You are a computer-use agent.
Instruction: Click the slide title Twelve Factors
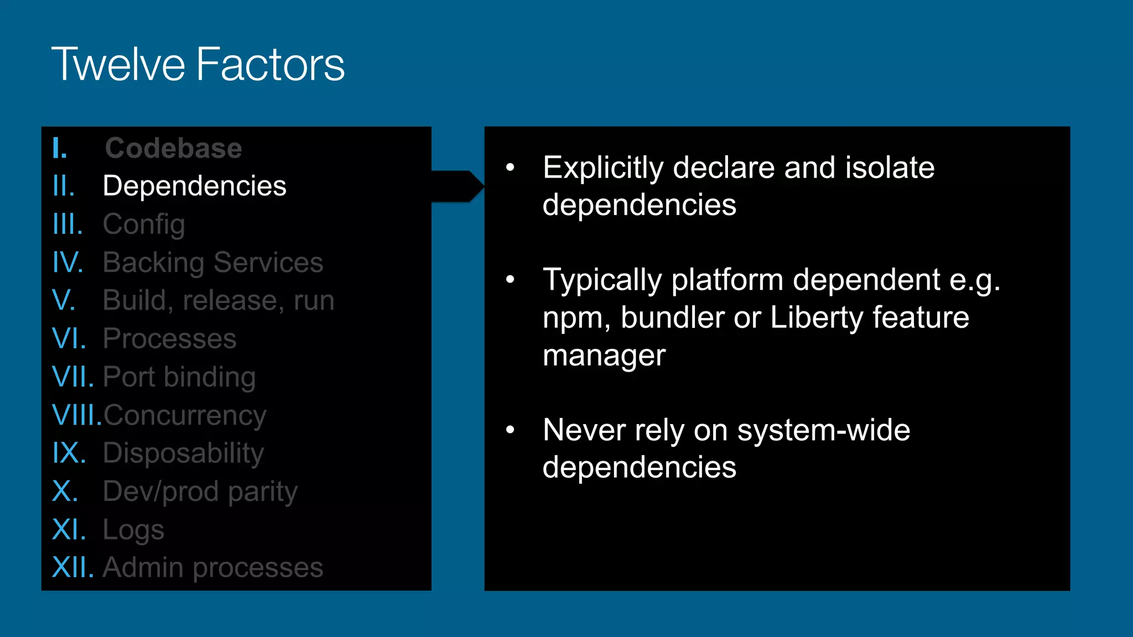(198, 65)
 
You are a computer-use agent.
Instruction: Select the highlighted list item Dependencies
(194, 186)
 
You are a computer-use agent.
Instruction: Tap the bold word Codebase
(173, 148)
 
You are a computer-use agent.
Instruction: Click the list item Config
(144, 224)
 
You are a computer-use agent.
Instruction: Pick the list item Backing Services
(213, 262)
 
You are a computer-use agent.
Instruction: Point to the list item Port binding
(179, 377)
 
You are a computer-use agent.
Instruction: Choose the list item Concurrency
(185, 415)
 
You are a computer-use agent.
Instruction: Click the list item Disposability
(183, 453)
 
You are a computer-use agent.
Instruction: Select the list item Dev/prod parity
(200, 492)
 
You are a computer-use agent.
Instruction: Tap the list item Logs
(133, 530)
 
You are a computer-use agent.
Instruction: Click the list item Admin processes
(213, 567)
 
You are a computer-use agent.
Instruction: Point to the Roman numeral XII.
(72, 567)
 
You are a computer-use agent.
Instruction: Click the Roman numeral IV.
(67, 262)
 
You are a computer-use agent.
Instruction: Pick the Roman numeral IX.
(69, 453)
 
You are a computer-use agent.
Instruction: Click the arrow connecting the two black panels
(458, 186)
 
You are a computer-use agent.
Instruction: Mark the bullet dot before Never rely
(510, 430)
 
